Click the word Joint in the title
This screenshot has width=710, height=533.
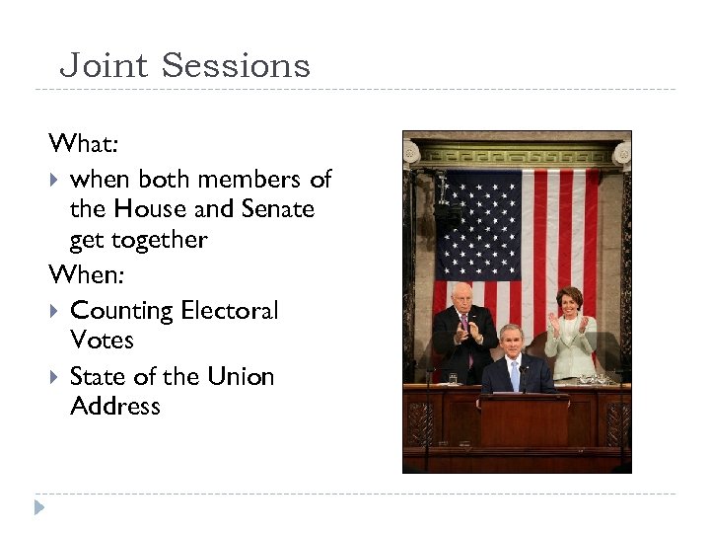tap(104, 66)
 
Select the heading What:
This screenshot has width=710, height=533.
tap(84, 144)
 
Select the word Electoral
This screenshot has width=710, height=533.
tap(230, 311)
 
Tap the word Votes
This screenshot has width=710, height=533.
tap(102, 341)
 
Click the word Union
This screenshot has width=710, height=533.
tap(241, 377)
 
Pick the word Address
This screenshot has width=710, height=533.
tap(115, 407)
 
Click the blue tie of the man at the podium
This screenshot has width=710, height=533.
tap(515, 375)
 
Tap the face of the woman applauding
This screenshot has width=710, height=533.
tap(570, 302)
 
